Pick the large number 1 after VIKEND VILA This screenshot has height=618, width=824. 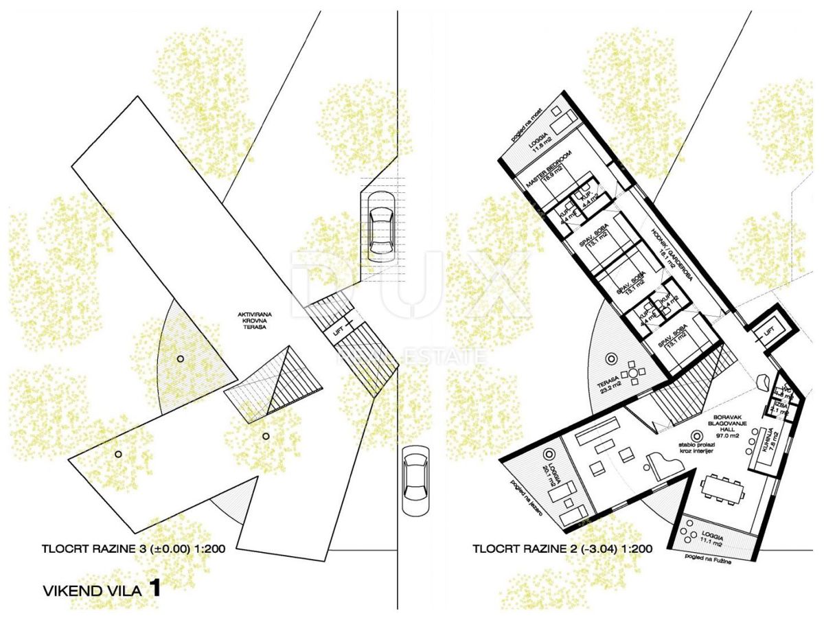coord(154,588)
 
